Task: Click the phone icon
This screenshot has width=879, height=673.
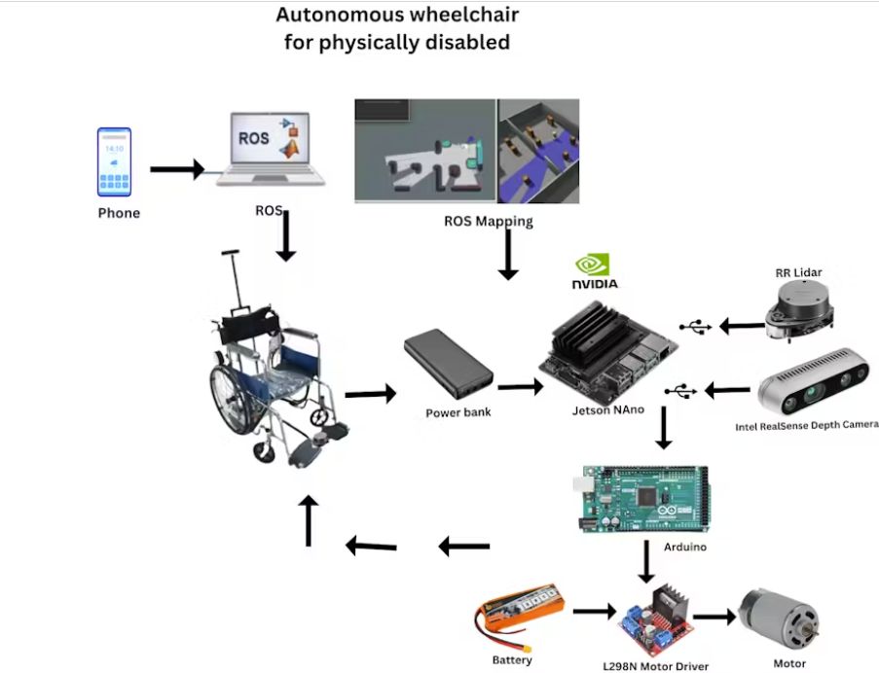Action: tap(116, 162)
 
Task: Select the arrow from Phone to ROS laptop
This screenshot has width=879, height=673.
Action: tap(177, 170)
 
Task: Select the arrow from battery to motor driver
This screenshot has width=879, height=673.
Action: tap(594, 613)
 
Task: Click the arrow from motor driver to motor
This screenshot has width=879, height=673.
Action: tap(714, 617)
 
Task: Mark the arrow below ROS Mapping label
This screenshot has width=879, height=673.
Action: tap(507, 258)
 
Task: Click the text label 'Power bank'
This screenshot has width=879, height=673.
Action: tap(458, 411)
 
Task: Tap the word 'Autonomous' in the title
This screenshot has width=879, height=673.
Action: tap(333, 15)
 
